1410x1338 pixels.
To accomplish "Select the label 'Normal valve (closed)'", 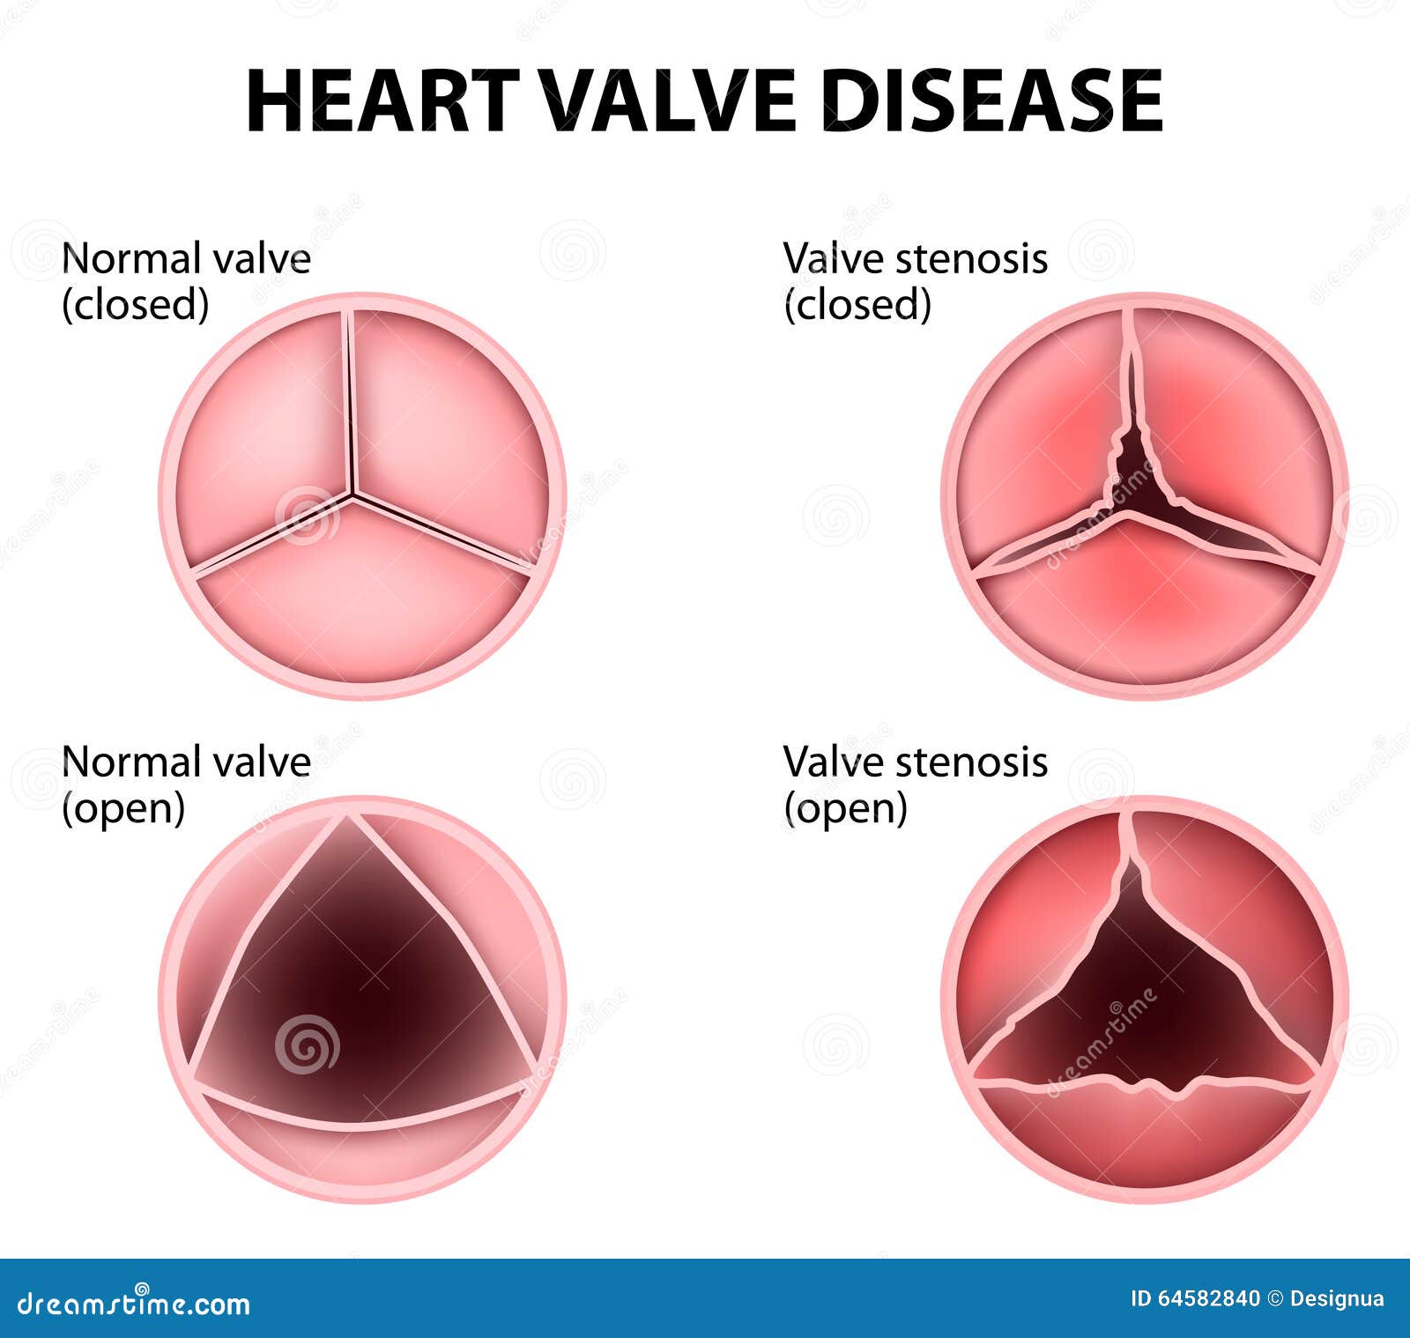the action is tap(186, 281).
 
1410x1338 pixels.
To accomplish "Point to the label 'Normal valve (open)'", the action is tap(186, 784).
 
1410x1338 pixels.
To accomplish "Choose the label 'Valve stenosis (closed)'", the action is tap(916, 281).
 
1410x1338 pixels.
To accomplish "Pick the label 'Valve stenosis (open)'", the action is tap(916, 784).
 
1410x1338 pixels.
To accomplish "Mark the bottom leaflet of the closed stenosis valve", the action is tap(1144, 608).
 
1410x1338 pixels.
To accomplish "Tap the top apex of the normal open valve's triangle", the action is tap(350, 818).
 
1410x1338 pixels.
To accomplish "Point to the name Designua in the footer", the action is tap(1337, 1298).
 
